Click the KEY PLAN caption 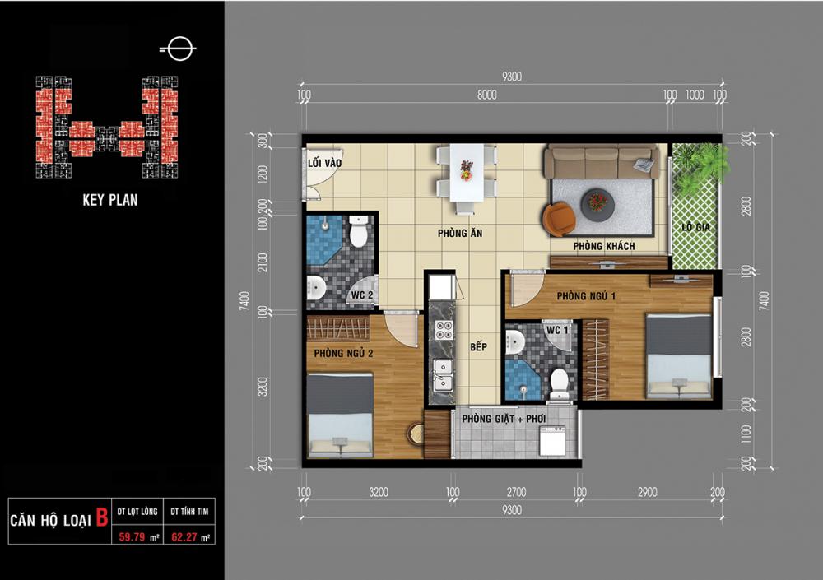tap(110, 200)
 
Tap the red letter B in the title tap(102, 517)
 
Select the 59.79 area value tap(131, 537)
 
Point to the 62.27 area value tap(184, 537)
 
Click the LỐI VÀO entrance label tap(324, 163)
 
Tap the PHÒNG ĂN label tap(460, 233)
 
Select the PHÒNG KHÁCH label tap(603, 246)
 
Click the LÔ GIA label tap(696, 227)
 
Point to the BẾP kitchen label tap(478, 347)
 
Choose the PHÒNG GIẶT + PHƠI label tap(504, 419)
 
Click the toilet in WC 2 tap(359, 231)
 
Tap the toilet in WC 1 tap(560, 384)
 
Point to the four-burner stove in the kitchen tap(444, 329)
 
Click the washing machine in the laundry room tap(553, 440)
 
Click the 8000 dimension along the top tap(486, 95)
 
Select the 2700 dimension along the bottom tap(516, 492)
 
